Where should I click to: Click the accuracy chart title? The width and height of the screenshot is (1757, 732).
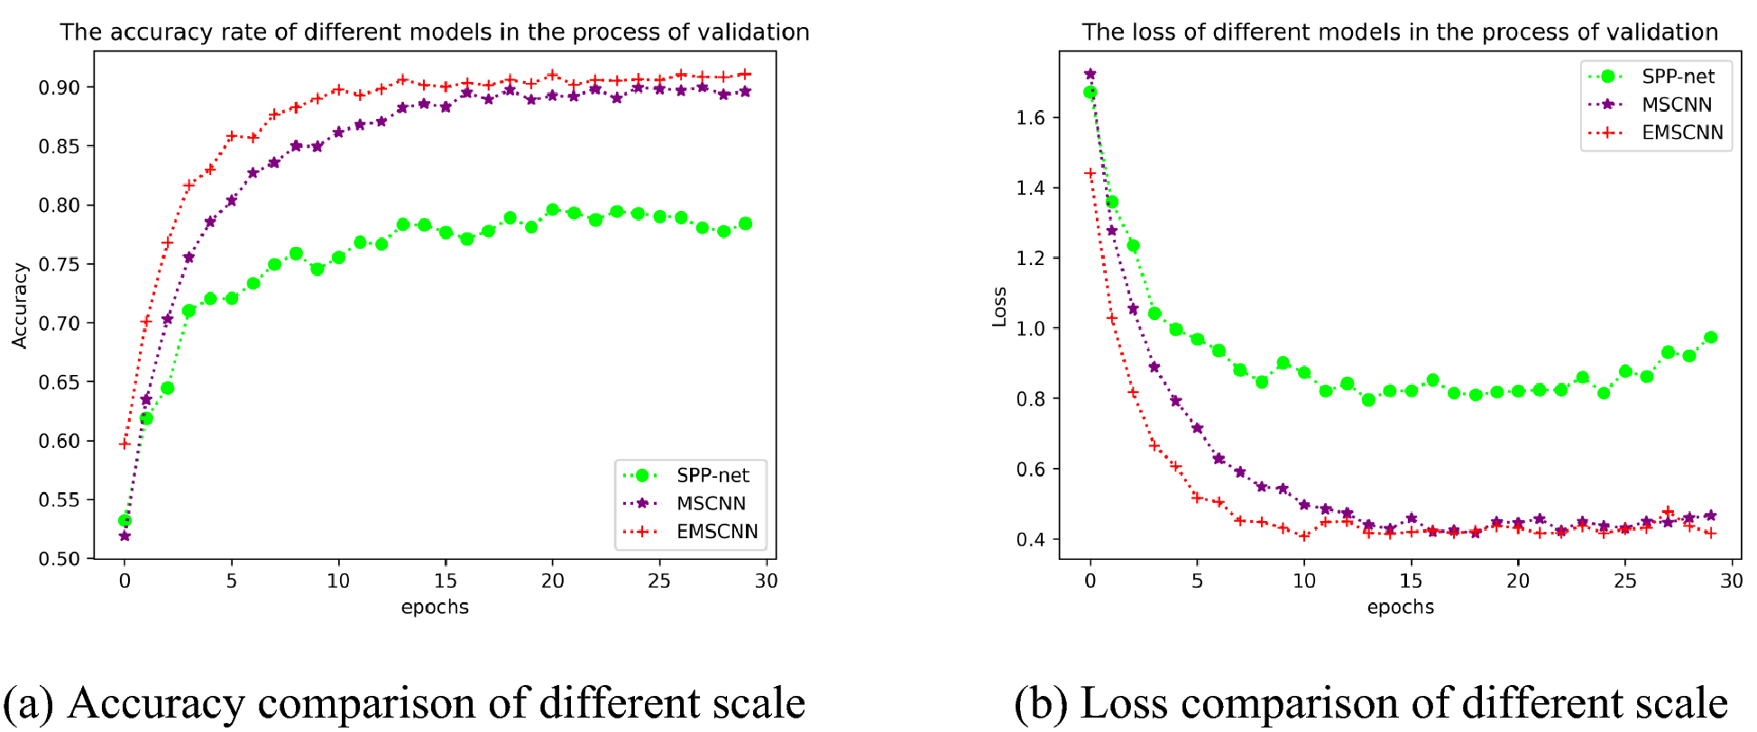point(434,32)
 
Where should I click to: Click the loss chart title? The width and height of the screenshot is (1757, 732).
point(1400,32)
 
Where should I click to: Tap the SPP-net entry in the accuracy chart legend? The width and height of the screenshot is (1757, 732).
point(712,475)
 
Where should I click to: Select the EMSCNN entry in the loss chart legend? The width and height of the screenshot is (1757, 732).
point(1681,133)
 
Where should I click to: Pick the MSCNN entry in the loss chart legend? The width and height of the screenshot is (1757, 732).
point(1676,105)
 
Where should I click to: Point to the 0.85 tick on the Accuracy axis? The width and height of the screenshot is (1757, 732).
point(60,146)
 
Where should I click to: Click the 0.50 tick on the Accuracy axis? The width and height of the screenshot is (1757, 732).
point(60,559)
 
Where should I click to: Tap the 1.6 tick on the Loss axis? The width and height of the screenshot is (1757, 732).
point(1031,118)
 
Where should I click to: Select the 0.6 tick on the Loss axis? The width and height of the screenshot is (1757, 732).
point(1031,470)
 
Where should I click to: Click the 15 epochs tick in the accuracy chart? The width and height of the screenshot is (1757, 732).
point(446,581)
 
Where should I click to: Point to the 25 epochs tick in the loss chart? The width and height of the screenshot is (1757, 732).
point(1624,581)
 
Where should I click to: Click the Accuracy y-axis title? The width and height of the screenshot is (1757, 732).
point(20,306)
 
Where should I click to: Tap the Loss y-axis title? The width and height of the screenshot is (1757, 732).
point(999,307)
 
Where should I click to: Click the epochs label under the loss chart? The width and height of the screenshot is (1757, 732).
point(1400,608)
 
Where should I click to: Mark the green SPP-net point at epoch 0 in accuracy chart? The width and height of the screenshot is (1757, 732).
point(125,520)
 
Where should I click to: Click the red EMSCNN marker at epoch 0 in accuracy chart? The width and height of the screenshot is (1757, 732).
point(124,444)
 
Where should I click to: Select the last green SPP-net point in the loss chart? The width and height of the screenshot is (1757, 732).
point(1710,338)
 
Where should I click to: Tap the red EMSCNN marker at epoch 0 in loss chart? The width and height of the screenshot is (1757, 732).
point(1090,173)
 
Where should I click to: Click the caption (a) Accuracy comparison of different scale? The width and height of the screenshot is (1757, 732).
point(404,703)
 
